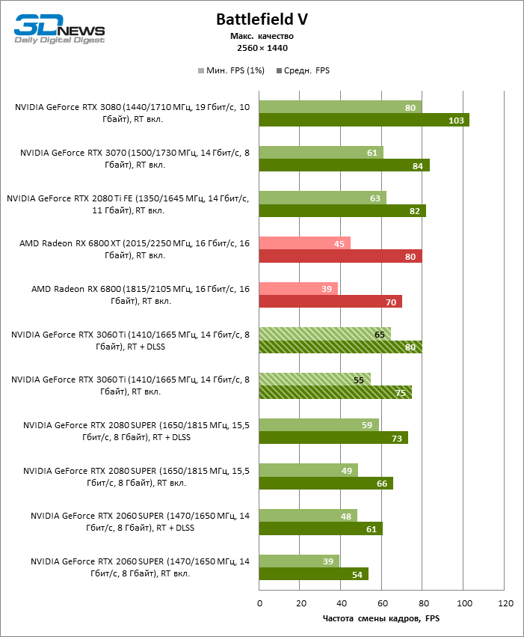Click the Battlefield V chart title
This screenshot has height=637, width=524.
point(262,19)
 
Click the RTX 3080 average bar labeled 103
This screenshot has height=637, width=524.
point(364,120)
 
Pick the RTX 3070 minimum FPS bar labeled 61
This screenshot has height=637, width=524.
point(321,153)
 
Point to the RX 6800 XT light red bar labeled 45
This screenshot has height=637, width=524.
point(305,243)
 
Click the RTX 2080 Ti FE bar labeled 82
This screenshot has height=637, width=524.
point(342,211)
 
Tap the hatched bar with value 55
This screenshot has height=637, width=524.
point(315,380)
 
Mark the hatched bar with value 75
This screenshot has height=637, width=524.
point(336,392)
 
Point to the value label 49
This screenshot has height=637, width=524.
point(346,470)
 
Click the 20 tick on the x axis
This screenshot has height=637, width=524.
point(300,603)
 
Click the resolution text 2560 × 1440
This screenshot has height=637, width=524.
point(262,48)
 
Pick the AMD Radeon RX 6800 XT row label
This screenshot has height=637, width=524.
point(135,249)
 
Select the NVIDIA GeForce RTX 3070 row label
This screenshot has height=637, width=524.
point(135,159)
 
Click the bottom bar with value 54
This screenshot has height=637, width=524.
point(314,574)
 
